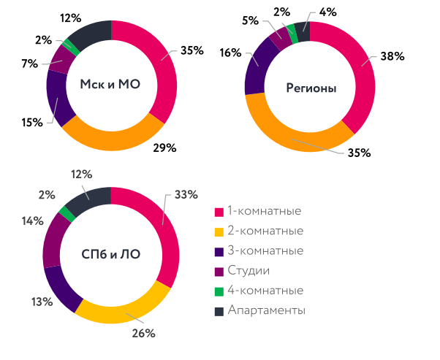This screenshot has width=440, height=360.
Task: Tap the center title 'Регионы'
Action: tap(311, 88)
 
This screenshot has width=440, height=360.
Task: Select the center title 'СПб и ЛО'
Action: tap(110, 255)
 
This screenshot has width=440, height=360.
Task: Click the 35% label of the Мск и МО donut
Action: tap(192, 51)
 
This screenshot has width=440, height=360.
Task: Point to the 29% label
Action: tap(164, 148)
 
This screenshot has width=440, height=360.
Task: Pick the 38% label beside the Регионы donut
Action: tap(391, 56)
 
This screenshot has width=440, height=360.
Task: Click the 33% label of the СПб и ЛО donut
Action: tap(186, 195)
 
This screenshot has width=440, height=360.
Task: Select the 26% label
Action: tap(143, 333)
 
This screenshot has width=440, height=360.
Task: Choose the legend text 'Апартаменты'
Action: tap(266, 310)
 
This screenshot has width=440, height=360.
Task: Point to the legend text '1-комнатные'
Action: tap(264, 212)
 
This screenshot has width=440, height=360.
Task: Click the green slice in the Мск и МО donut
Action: tap(72, 44)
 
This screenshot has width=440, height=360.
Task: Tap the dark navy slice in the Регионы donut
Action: tap(300, 30)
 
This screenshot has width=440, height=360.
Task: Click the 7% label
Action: tap(29, 64)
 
